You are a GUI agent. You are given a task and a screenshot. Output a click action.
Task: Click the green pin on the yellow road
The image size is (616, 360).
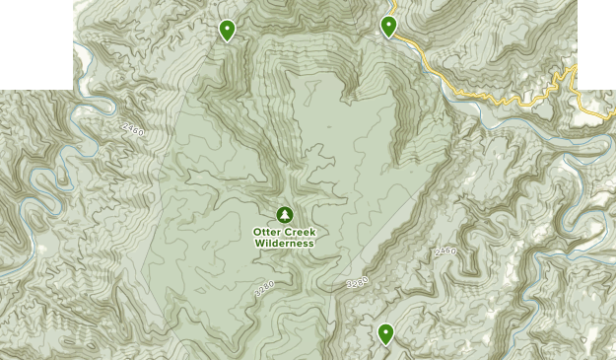click(x=388, y=27)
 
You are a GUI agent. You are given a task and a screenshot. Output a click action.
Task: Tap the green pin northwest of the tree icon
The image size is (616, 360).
click(x=227, y=31)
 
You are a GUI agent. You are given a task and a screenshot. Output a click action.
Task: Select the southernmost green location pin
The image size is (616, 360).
click(x=385, y=335)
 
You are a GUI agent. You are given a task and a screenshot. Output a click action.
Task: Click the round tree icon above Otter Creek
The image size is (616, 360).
click(x=285, y=214)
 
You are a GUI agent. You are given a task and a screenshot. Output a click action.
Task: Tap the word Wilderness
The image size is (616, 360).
click(x=284, y=244)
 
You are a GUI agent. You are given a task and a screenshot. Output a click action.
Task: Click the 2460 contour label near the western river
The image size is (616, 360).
click(x=133, y=129)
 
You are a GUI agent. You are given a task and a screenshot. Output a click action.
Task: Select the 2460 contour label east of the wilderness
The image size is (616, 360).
click(x=445, y=252)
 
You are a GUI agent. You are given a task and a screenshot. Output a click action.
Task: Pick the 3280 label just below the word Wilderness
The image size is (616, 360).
click(x=263, y=290)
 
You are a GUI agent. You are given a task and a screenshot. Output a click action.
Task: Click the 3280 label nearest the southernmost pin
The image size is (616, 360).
click(x=357, y=283)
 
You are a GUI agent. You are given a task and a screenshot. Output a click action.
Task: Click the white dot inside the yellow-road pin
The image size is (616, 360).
click(x=388, y=24)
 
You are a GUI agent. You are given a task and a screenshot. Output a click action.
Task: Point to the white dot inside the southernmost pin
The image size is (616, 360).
click(x=385, y=332)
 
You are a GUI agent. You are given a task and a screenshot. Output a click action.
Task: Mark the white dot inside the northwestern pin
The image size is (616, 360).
click(x=227, y=28)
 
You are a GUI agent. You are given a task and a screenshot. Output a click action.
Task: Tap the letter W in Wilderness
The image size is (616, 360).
click(x=258, y=244)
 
